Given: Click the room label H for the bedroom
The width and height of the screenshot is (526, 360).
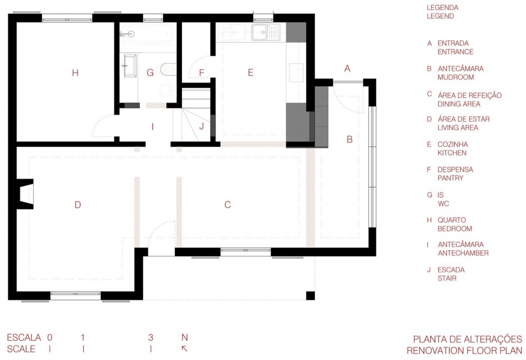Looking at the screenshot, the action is pos(75,72).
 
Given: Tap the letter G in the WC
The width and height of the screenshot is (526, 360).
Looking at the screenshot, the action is pos(150,72).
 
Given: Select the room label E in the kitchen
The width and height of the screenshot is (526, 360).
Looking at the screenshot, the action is pos(250,72).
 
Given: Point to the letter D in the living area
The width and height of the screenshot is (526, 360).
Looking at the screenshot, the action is pos(77,205).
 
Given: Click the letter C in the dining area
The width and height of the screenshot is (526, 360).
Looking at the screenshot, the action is pos(227,205).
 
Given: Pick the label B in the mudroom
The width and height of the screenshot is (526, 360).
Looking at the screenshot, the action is pos(349,139).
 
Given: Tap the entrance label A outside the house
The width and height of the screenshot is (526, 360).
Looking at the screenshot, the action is pos(347,68).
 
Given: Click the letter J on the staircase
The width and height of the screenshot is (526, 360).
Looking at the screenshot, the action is pos(201,127).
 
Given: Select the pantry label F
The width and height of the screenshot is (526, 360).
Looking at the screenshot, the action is pos(201,72).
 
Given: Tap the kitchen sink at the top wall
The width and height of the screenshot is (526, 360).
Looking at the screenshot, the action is pos(266,32).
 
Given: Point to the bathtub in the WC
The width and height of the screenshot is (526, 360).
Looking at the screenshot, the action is pos(147,33).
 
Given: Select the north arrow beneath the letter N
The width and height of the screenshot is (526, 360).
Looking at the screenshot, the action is pos(185,349).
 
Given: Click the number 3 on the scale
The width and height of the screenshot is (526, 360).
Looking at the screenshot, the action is pos(151,337).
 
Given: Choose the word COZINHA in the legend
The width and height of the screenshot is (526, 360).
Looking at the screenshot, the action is pos(453,144).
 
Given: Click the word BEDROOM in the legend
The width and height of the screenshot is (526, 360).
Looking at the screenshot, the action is pos(455,229).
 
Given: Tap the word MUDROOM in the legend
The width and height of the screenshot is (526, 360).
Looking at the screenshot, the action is pos(455,77).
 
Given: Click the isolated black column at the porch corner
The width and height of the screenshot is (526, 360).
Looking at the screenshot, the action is pos(310,295).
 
